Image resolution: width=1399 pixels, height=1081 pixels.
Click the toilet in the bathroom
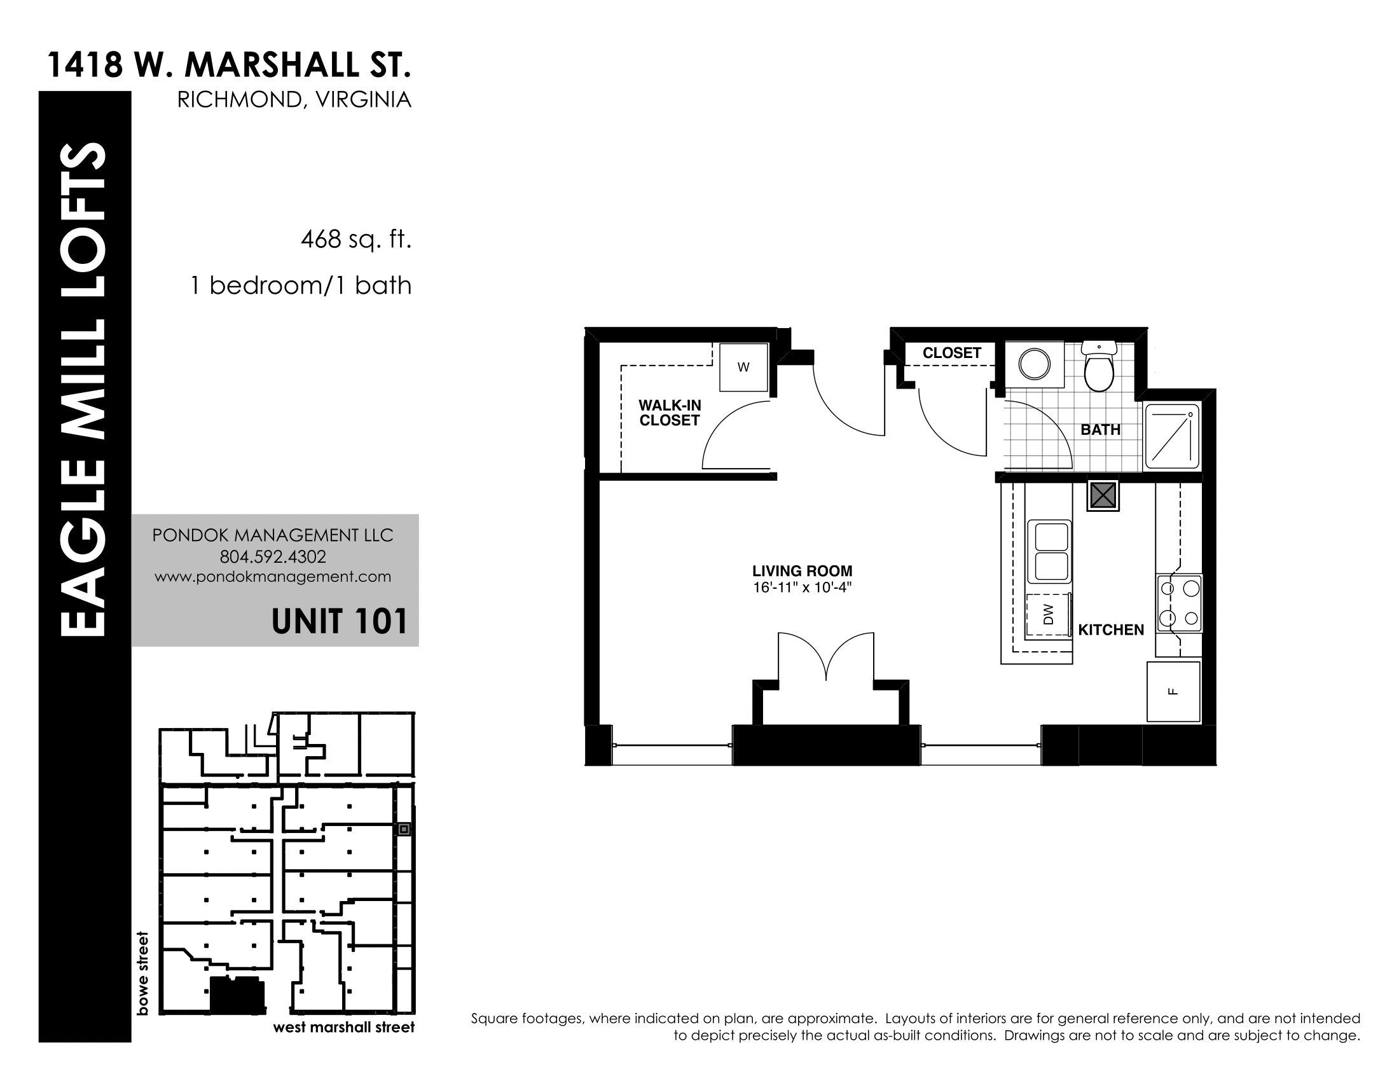pyautogui.click(x=1099, y=367)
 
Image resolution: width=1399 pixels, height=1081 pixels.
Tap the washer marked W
pyautogui.click(x=743, y=367)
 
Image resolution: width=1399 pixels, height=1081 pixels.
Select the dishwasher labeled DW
pyautogui.click(x=1048, y=616)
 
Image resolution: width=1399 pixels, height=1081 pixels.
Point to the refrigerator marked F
pyautogui.click(x=1173, y=692)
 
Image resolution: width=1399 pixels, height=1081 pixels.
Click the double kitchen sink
pyautogui.click(x=1049, y=551)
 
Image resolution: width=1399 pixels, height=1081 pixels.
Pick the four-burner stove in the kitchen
pyautogui.click(x=1179, y=603)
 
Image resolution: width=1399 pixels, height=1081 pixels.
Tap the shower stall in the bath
pyautogui.click(x=1171, y=436)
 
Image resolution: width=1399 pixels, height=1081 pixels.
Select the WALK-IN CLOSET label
pyautogui.click(x=670, y=413)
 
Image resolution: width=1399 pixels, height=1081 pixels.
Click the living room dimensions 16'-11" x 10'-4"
pyautogui.click(x=802, y=588)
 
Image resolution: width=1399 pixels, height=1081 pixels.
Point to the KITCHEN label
pyautogui.click(x=1111, y=630)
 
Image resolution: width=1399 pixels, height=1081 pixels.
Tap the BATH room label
pyautogui.click(x=1101, y=430)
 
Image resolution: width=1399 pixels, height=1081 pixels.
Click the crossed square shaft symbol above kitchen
pyautogui.click(x=1103, y=495)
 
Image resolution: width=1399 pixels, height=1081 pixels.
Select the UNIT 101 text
pyautogui.click(x=340, y=621)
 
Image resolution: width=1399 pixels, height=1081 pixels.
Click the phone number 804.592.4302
pyautogui.click(x=273, y=556)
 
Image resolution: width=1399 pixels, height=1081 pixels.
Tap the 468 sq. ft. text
pyautogui.click(x=355, y=240)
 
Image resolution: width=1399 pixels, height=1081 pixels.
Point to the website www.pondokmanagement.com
pyautogui.click(x=273, y=577)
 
